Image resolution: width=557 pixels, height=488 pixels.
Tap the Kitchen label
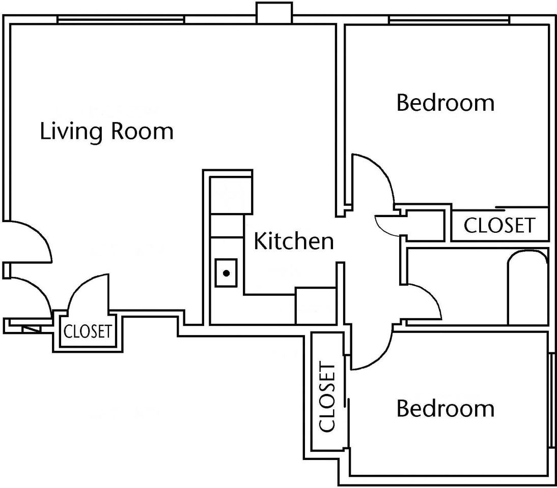click(x=294, y=241)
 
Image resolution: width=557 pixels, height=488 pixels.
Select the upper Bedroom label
click(x=445, y=103)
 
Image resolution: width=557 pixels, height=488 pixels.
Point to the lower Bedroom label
click(x=445, y=408)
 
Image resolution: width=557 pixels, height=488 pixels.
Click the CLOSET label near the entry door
click(x=88, y=331)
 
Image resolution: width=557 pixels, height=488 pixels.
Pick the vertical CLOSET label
click(x=327, y=396)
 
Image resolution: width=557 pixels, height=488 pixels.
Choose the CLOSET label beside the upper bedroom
click(x=499, y=225)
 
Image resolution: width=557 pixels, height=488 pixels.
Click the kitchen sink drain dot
click(x=226, y=273)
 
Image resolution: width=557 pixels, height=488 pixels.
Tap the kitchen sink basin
click(x=226, y=273)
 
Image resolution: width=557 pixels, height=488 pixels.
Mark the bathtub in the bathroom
click(x=528, y=287)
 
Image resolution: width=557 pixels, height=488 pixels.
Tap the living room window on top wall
click(x=121, y=20)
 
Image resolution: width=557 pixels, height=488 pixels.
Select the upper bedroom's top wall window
click(x=450, y=20)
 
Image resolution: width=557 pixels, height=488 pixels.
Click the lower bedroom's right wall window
click(x=552, y=400)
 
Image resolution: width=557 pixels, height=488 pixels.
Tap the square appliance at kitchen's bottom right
click(x=316, y=306)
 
